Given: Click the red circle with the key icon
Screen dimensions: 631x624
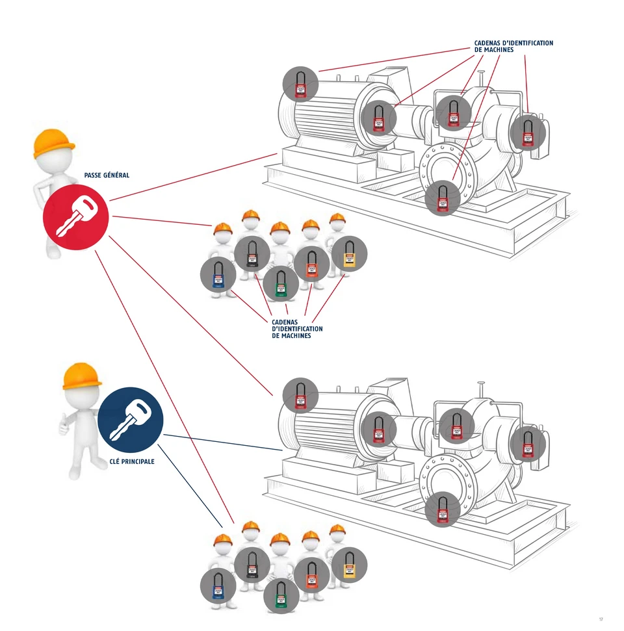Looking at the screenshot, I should [75, 218].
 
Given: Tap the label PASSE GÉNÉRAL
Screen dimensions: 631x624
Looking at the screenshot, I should [107, 175].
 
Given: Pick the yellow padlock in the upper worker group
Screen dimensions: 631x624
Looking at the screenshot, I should [350, 254].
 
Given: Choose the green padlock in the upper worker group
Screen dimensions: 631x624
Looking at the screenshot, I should [281, 284].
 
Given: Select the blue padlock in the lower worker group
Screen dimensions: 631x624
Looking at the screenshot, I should [218, 586].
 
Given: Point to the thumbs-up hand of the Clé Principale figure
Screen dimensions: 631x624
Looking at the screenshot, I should [64, 426].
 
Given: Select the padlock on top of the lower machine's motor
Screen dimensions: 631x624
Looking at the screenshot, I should [300, 395].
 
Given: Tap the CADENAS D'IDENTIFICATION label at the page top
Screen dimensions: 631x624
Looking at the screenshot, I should [513, 46].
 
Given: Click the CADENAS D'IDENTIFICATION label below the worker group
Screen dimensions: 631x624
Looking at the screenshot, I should [296, 329].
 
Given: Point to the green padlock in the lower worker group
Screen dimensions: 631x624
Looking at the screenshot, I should [281, 595].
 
